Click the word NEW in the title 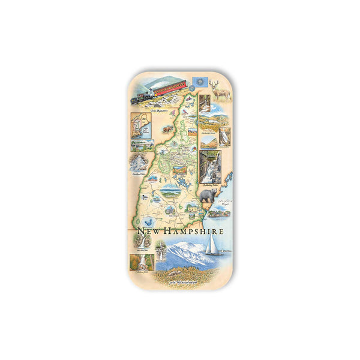point(147,231)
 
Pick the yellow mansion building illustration point(194,207)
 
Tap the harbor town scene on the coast point(220,212)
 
